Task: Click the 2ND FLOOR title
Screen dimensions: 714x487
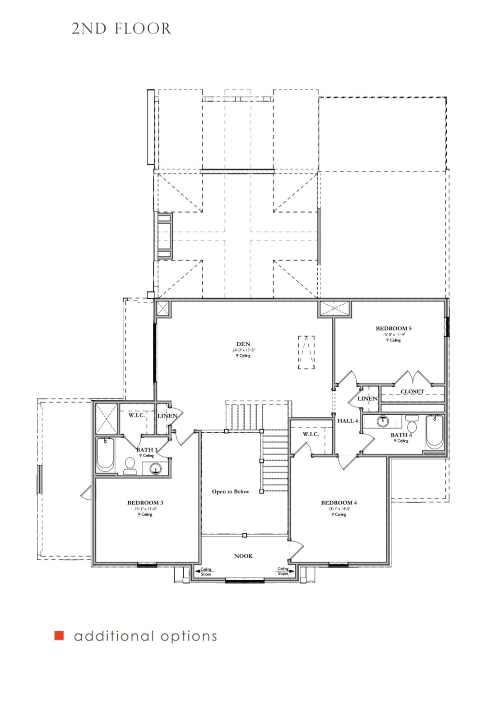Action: pos(121,29)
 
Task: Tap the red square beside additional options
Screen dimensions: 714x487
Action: pos(59,636)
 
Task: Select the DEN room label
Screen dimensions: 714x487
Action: pos(243,344)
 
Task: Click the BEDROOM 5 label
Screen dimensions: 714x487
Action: pos(393,329)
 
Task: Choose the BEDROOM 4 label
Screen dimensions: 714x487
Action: pos(339,503)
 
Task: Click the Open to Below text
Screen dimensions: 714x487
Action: pos(230,491)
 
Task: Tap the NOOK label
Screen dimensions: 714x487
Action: pos(243,556)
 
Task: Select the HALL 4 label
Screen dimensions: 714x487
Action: pos(348,421)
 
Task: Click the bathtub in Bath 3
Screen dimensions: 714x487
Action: pos(105,454)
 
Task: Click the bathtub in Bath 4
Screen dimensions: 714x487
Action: pos(434,432)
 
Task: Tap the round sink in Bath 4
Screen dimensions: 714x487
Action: pos(382,421)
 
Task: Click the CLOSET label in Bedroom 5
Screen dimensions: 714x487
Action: pos(412,391)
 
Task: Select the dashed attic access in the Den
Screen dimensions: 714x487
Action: pos(306,352)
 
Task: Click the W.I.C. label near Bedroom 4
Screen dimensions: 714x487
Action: pos(311,434)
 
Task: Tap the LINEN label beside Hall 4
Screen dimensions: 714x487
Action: pos(367,398)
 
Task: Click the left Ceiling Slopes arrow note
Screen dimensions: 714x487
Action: pos(204,572)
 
